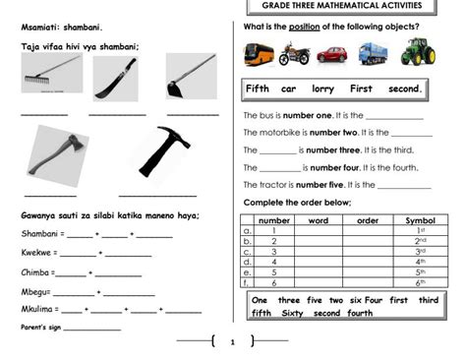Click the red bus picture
point(260,53)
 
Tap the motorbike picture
point(294,53)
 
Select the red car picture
point(331,54)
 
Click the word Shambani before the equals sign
point(39,233)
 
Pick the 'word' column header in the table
point(318,220)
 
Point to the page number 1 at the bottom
point(232,342)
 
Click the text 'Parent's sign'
point(39,327)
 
